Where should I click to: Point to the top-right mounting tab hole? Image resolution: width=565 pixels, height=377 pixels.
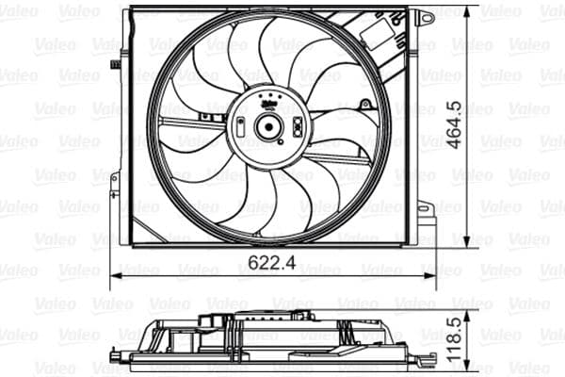click(x=426, y=17)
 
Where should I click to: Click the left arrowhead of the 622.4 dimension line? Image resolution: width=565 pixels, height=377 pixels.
click(x=115, y=275)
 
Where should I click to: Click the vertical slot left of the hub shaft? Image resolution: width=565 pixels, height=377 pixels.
click(x=243, y=127)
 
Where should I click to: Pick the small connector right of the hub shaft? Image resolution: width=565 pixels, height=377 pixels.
click(x=296, y=127)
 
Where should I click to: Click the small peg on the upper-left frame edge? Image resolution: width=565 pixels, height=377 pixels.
click(x=115, y=65)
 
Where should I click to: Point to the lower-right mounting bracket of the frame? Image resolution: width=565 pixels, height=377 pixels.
click(x=425, y=220)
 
